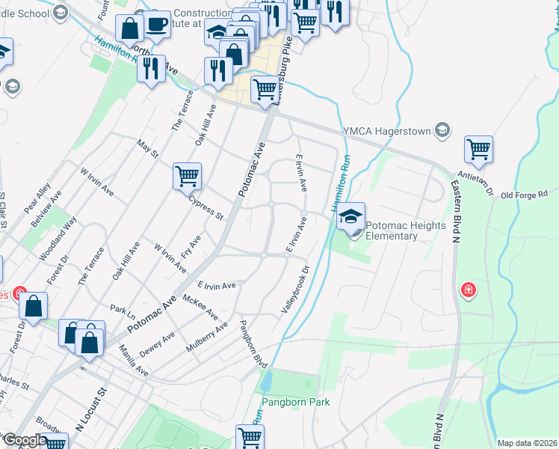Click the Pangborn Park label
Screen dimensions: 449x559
[294, 402]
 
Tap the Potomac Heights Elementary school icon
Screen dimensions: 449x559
[351, 216]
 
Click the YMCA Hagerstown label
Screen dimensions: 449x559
[387, 131]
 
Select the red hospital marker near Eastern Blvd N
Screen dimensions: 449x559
[469, 289]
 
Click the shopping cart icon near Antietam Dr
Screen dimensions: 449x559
[478, 148]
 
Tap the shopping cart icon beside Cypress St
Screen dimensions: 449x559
[187, 177]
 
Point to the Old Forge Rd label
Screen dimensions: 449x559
[529, 195]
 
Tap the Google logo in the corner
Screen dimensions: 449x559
[25, 440]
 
